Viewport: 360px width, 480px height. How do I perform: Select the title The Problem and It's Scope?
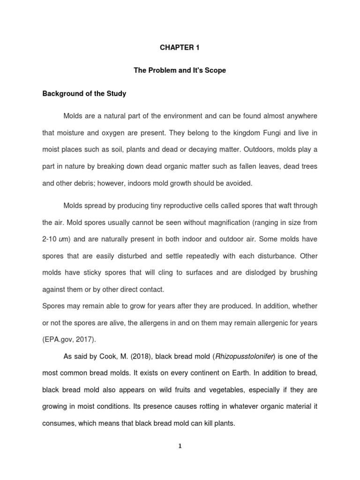180,71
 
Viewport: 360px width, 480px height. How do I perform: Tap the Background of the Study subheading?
84,94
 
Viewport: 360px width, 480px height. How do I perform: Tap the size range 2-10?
50,239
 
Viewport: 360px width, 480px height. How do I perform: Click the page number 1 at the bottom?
180,446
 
